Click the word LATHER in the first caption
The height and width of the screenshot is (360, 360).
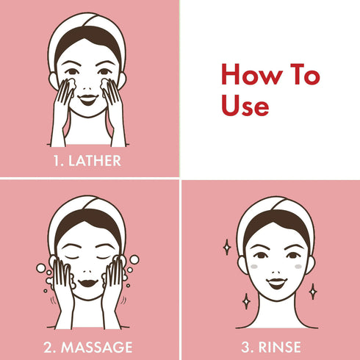(98, 160)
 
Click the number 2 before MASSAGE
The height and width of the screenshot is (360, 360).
(51, 346)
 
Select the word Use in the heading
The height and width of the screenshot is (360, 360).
(245, 106)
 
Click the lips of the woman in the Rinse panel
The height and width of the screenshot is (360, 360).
(276, 282)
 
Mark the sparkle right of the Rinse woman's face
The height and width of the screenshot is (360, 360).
(312, 291)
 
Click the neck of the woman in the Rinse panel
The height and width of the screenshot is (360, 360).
(276, 309)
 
